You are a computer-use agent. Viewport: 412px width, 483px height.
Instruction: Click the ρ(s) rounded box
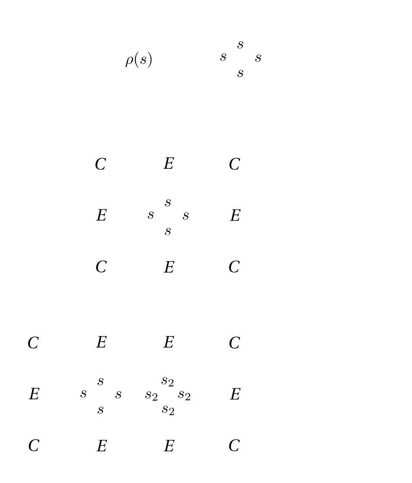click(x=138, y=59)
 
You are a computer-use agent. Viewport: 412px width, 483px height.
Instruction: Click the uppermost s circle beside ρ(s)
click(x=240, y=44)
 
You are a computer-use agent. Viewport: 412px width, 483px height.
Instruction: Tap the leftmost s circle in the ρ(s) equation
click(x=223, y=58)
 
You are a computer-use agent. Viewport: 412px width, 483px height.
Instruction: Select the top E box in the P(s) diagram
click(x=168, y=164)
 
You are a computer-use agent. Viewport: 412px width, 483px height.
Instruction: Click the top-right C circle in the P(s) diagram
click(x=235, y=164)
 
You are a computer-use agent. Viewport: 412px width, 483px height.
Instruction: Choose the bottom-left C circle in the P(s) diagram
click(x=100, y=267)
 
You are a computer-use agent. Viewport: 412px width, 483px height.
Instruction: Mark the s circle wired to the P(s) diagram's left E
click(x=151, y=215)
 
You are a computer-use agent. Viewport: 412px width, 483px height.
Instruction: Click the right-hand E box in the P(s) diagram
click(x=235, y=216)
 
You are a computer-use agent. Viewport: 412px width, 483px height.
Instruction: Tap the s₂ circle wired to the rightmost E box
click(x=184, y=395)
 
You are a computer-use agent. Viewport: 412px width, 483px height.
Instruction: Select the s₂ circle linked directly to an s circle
click(x=151, y=395)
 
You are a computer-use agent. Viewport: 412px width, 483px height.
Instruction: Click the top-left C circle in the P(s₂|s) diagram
click(x=33, y=343)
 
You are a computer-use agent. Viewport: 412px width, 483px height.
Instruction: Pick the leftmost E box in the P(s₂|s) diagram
click(x=33, y=395)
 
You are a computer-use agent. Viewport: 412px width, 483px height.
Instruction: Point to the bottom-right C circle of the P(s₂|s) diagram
click(x=235, y=446)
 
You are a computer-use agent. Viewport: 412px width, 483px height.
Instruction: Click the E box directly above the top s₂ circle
click(x=168, y=343)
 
